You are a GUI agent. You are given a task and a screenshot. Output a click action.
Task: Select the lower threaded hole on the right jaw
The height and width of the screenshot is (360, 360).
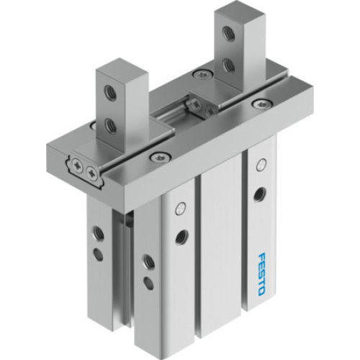tap(228, 66)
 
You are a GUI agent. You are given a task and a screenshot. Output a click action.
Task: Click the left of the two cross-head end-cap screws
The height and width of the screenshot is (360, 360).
tap(78, 168)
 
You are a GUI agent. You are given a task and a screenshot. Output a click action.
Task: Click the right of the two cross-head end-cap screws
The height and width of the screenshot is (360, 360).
tap(91, 173)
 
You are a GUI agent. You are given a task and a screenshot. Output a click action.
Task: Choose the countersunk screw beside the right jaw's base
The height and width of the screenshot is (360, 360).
tap(197, 74)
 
